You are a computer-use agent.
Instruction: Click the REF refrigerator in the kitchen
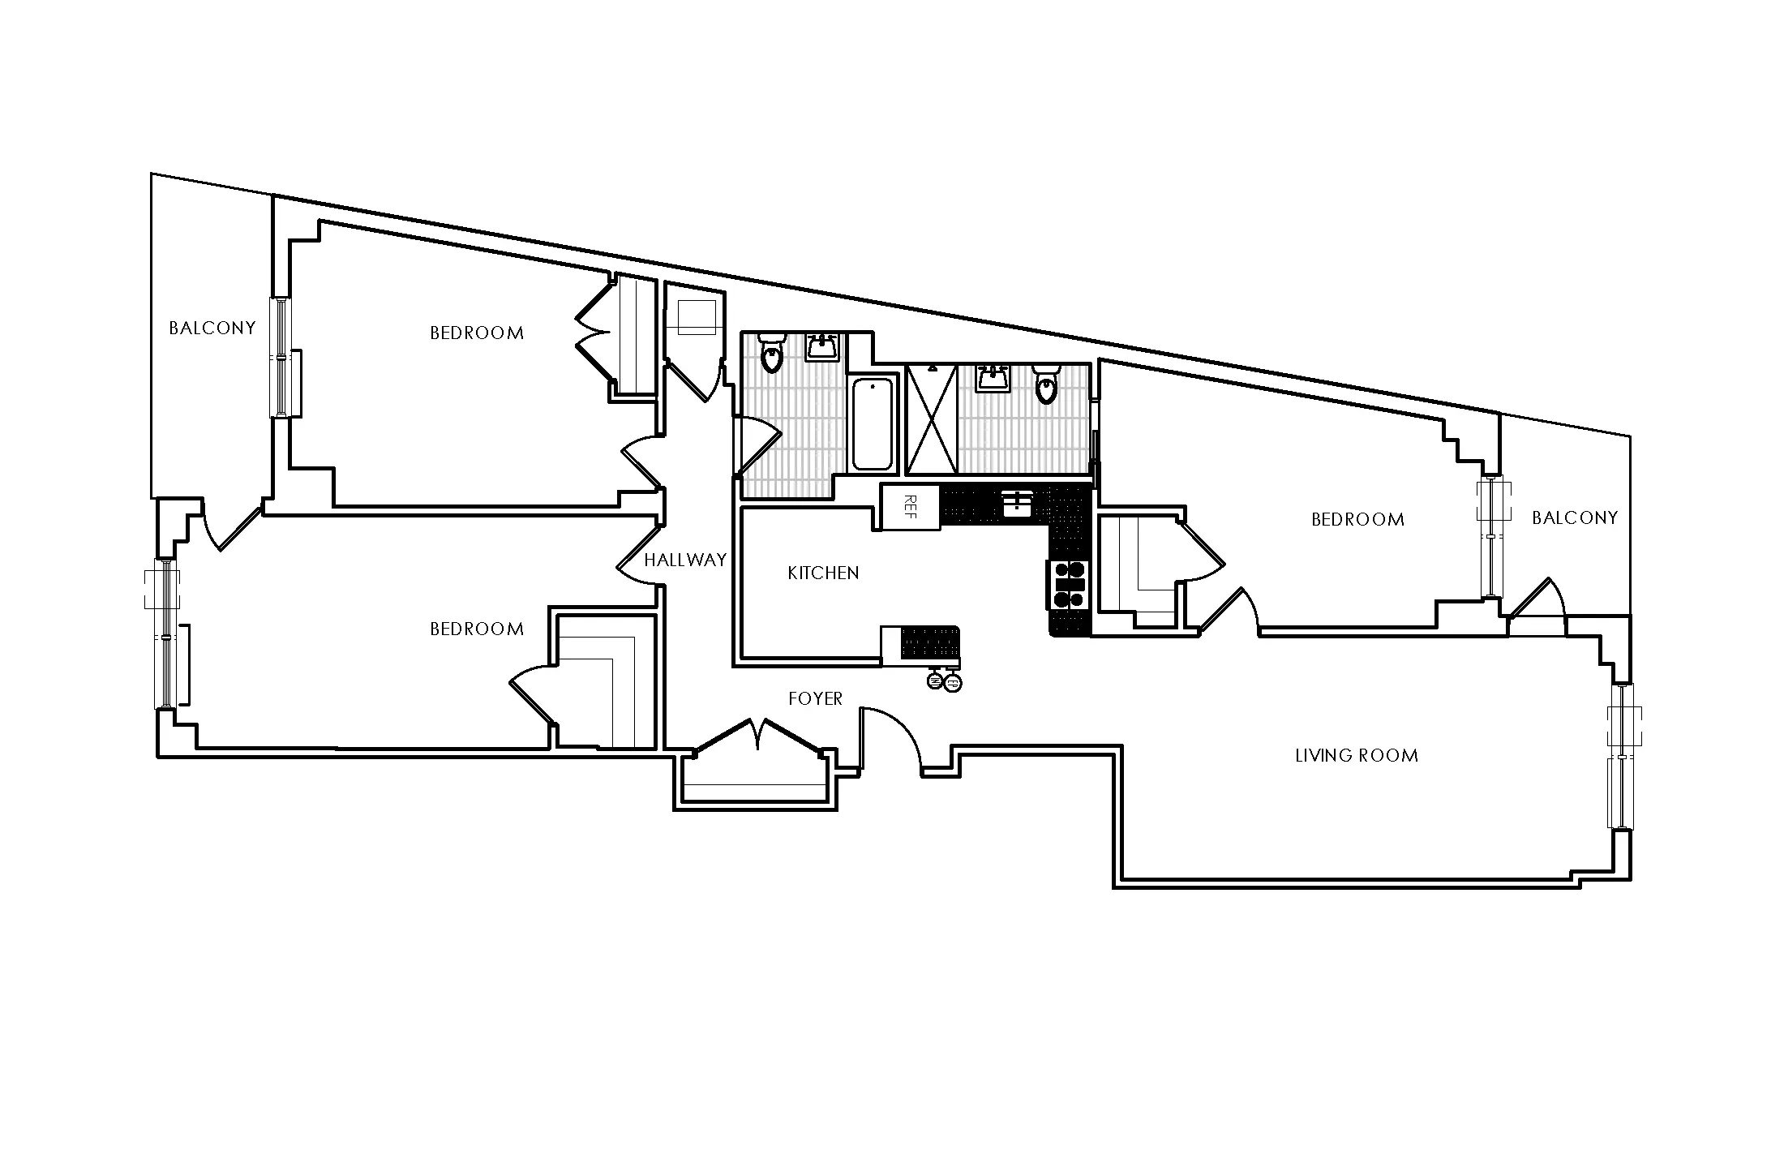[x=909, y=507]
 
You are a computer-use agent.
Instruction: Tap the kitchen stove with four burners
[x=1068, y=584]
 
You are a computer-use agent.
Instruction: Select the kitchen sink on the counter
[x=1016, y=504]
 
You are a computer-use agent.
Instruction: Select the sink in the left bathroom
[x=823, y=347]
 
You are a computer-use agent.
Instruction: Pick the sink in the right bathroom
[x=993, y=378]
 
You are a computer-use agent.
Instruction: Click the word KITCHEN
[x=823, y=573]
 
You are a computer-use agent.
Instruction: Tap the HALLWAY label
[x=685, y=560]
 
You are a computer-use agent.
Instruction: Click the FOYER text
[x=816, y=699]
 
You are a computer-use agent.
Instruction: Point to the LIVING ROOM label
[x=1357, y=756]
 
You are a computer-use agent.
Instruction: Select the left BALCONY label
[x=212, y=328]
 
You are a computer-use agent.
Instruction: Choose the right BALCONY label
[x=1574, y=518]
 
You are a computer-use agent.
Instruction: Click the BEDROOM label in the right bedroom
[x=1357, y=520]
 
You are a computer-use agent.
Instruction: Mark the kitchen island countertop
[x=920, y=646]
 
